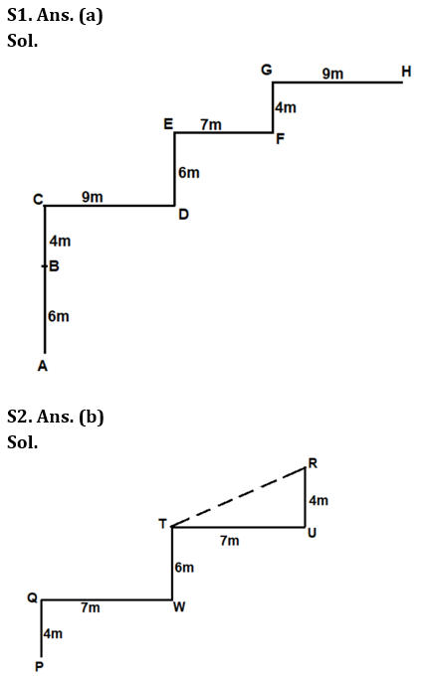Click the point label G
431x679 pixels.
[x=267, y=70]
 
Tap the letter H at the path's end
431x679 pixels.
[x=406, y=72]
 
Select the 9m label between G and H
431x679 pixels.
[x=332, y=74]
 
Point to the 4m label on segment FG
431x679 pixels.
[x=286, y=107]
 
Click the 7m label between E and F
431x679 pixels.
[x=211, y=124]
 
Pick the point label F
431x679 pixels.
[x=280, y=138]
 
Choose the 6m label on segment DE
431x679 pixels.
[x=189, y=173]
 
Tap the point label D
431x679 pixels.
[x=183, y=214]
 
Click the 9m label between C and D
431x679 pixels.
[x=93, y=197]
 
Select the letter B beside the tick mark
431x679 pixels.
[x=54, y=265]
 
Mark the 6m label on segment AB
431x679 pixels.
[x=59, y=316]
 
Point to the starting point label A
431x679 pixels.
[x=42, y=367]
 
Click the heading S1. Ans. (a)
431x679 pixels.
[x=55, y=15]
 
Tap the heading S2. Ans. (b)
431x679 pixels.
[x=56, y=417]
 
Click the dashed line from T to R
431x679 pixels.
[x=239, y=497]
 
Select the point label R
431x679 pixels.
[x=313, y=463]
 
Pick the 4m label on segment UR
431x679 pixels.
[x=319, y=501]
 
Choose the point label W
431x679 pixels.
[x=179, y=607]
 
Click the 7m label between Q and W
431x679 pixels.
[x=91, y=608]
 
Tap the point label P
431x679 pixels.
[x=39, y=666]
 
